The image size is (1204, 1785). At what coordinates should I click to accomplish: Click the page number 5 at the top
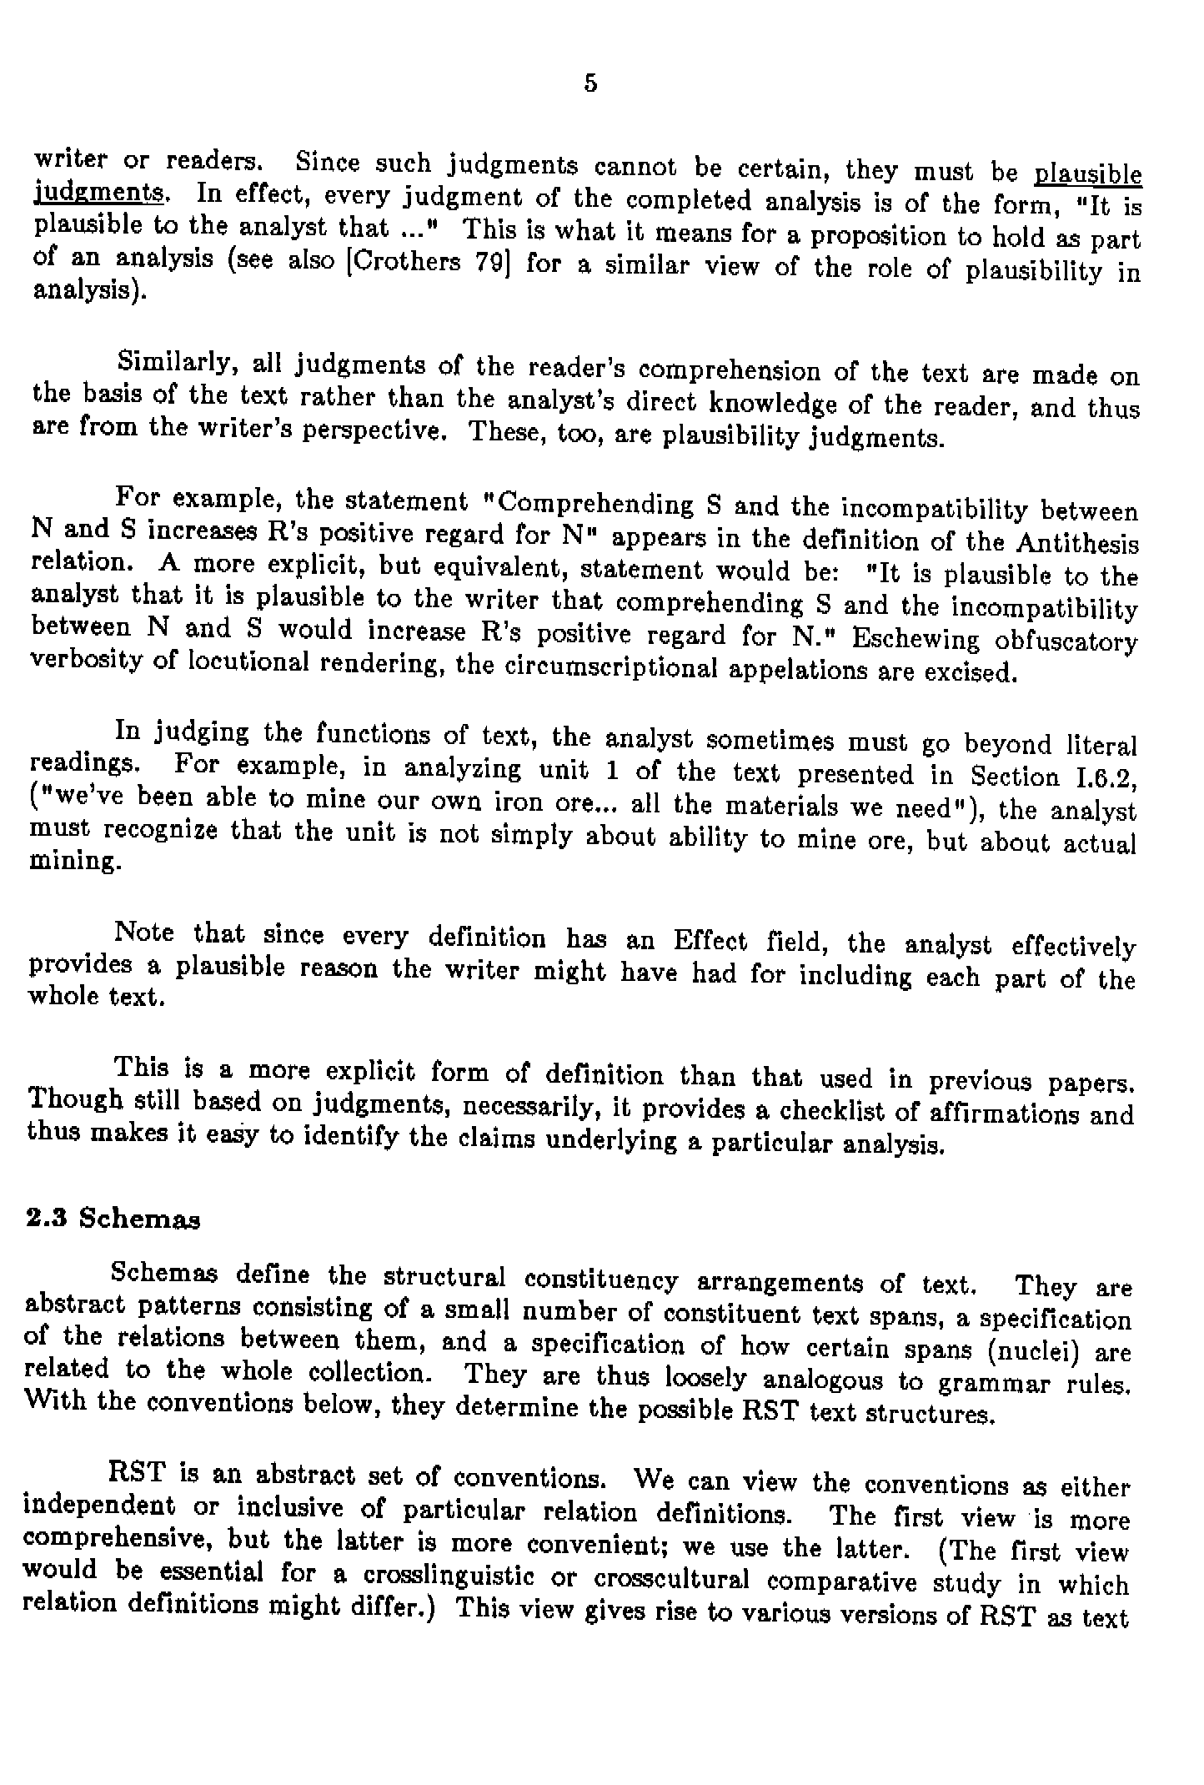pyautogui.click(x=590, y=83)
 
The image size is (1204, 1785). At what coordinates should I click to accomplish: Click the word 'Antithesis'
pyautogui.click(x=1077, y=545)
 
